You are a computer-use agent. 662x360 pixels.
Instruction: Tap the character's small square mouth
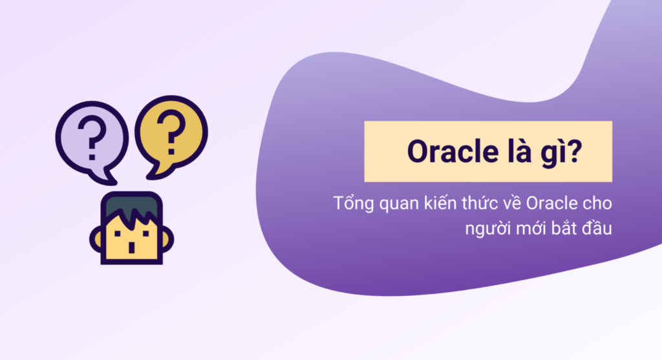[132, 247]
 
